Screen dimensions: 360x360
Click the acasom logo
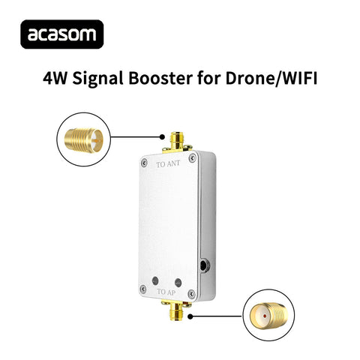[64, 34]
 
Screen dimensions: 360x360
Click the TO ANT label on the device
[168, 163]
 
